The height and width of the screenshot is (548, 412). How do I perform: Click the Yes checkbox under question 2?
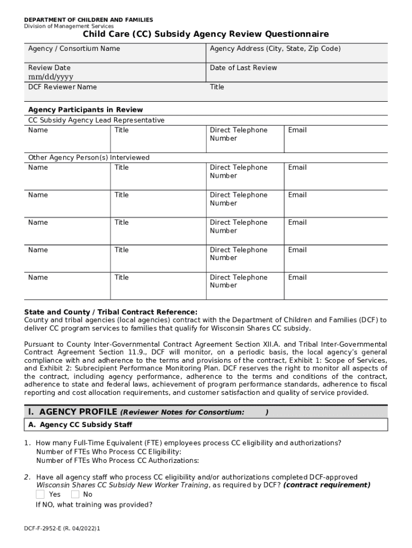tap(40, 494)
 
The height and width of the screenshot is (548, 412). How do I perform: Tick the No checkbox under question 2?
tap(75, 494)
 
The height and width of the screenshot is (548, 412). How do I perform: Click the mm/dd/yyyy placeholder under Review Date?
tap(51, 77)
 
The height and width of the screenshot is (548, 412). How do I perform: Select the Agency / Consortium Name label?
tap(74, 49)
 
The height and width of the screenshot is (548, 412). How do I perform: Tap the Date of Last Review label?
tap(243, 68)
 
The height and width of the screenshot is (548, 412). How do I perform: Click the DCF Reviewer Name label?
tap(63, 87)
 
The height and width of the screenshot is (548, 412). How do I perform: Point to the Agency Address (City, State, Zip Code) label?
tap(275, 49)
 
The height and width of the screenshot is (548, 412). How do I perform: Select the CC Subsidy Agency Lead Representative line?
tap(96, 120)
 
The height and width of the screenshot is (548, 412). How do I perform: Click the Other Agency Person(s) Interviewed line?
tap(89, 158)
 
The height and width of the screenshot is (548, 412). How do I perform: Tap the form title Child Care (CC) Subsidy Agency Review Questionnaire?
tap(205, 35)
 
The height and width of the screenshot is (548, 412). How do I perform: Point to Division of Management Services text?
tap(68, 26)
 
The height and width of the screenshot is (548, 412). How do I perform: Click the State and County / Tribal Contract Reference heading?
tap(111, 312)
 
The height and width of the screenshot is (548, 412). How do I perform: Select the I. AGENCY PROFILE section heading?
tap(72, 412)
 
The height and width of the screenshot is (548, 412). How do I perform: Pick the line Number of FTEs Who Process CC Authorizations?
tap(118, 460)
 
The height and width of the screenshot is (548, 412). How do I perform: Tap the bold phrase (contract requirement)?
tap(327, 485)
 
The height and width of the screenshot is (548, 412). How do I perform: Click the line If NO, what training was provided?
tap(94, 504)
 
